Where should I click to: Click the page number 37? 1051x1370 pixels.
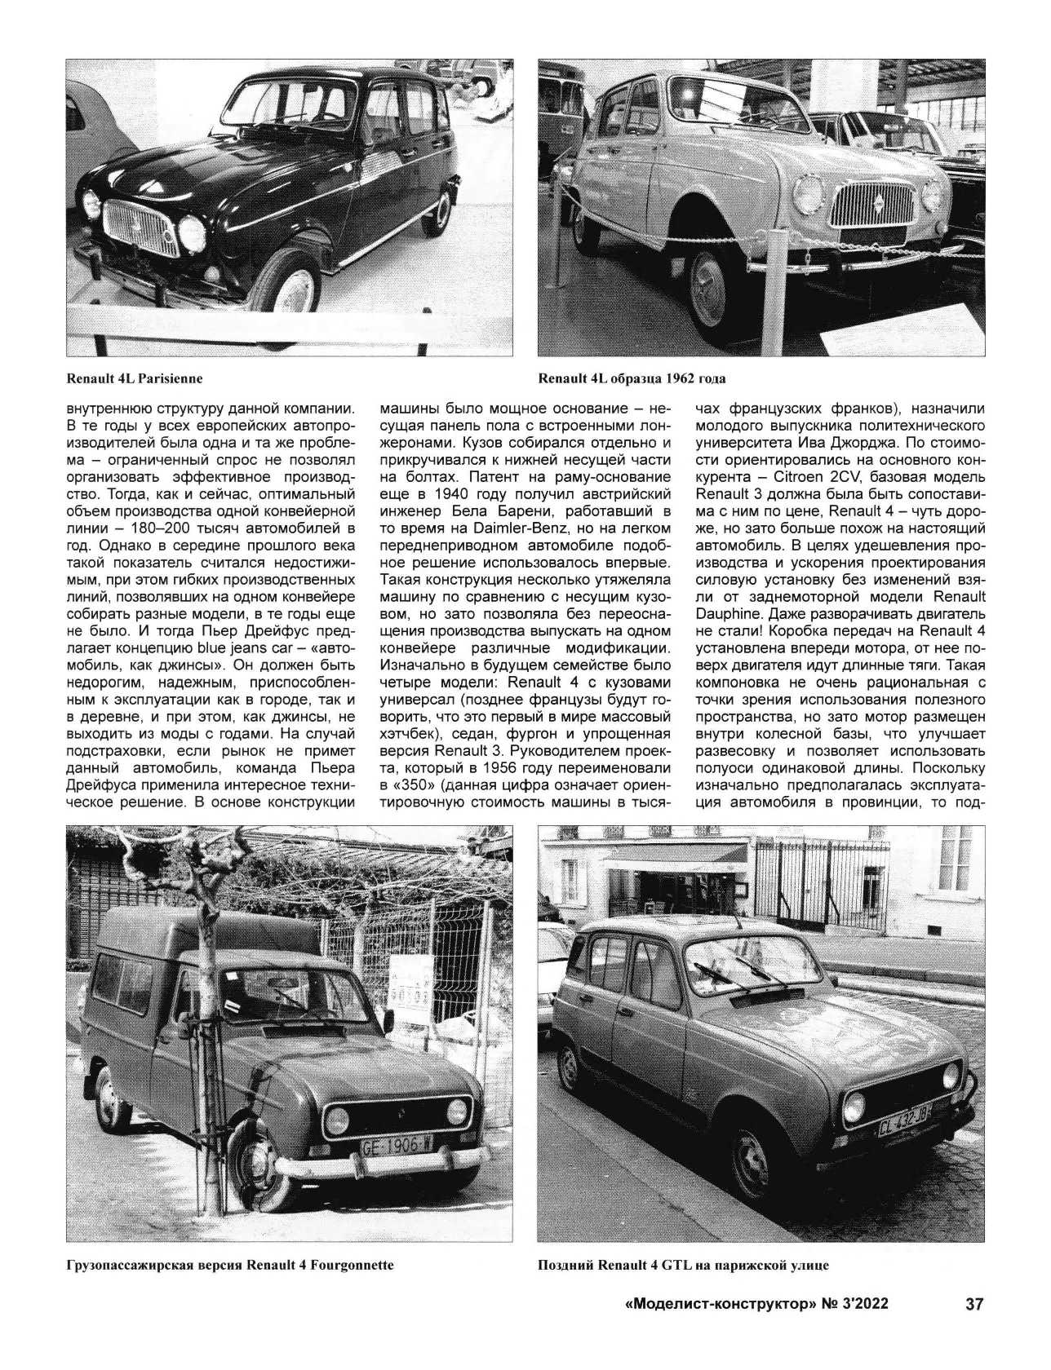[x=974, y=1327]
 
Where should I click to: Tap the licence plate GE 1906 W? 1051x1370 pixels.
[x=397, y=1145]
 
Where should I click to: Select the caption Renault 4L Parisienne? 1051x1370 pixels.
[x=135, y=378]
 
